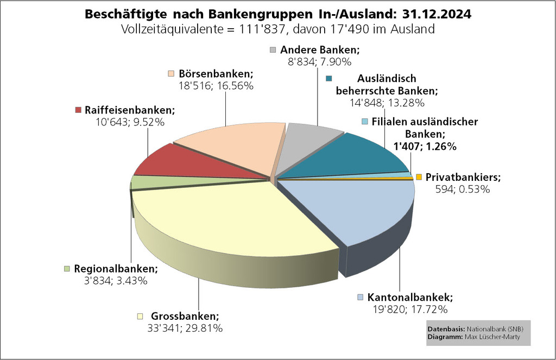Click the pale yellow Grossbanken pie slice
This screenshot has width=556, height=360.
click(228, 217)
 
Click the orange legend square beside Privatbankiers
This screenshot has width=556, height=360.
click(419, 177)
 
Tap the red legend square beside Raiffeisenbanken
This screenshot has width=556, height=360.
click(79, 110)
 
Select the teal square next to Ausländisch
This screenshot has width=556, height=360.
click(328, 79)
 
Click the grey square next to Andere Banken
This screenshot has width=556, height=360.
click(273, 50)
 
